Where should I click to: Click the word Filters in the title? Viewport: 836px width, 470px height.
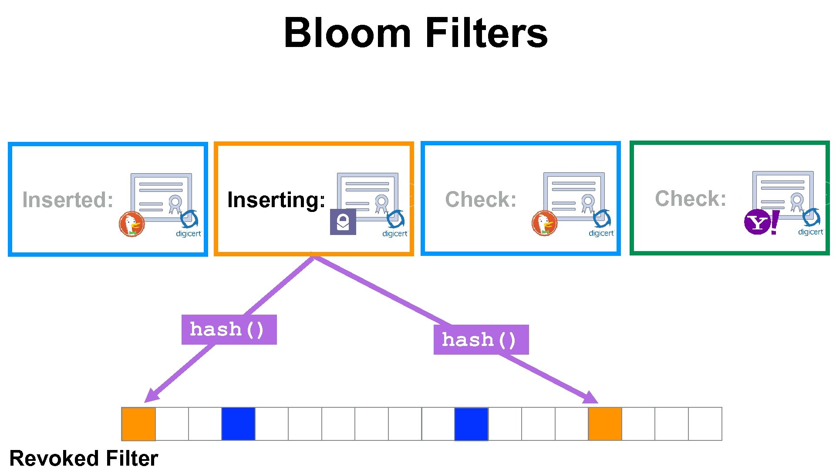click(x=486, y=33)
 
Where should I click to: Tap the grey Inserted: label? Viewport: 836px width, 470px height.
click(x=68, y=200)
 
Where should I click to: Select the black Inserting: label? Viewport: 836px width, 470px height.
click(x=276, y=200)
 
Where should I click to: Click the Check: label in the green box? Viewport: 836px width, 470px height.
click(x=691, y=198)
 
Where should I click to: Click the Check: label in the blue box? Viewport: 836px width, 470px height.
click(x=481, y=199)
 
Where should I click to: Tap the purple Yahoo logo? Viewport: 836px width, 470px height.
click(x=761, y=222)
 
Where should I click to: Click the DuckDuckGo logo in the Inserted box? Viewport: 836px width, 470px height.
click(x=131, y=224)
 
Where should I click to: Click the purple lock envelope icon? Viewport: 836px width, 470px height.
click(x=343, y=222)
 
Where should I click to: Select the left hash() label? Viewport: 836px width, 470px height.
click(x=229, y=329)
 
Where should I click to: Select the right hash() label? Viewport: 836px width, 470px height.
click(x=481, y=339)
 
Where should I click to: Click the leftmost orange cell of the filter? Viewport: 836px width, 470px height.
click(x=138, y=424)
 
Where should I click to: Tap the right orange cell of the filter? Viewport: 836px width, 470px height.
click(x=605, y=424)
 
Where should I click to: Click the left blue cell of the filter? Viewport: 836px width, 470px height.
click(x=238, y=424)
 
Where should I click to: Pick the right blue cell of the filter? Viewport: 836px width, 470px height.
click(x=471, y=424)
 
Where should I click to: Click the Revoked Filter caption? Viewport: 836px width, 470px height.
click(x=84, y=458)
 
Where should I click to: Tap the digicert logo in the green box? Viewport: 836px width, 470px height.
click(x=811, y=224)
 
